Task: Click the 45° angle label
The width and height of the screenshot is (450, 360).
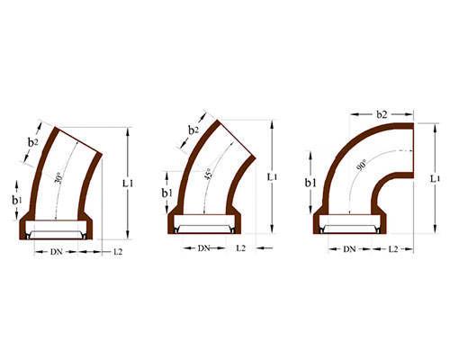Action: point(209,174)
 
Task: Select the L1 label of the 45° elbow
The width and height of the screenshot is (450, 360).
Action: point(272,176)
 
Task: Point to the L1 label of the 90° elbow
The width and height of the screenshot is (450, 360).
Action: point(436,178)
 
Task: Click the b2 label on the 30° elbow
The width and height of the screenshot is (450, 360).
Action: point(32,142)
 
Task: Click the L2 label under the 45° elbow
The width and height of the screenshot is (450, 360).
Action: point(240,247)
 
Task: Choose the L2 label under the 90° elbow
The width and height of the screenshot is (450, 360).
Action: point(392,247)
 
